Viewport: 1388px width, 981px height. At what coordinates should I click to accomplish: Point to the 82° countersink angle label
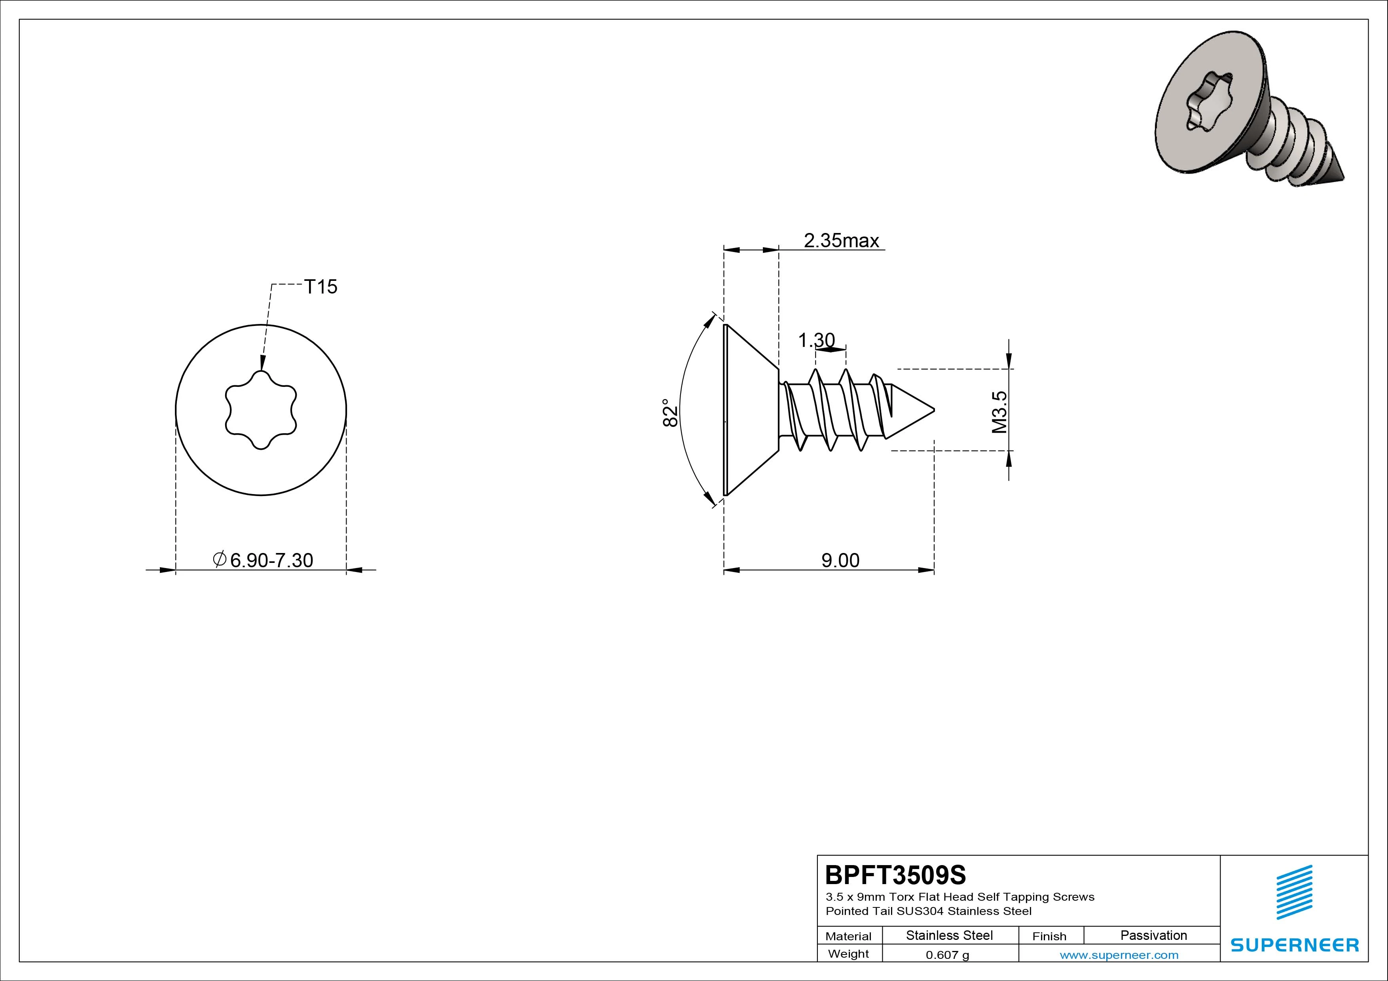click(670, 413)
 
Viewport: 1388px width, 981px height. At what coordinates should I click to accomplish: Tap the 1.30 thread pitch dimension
click(816, 340)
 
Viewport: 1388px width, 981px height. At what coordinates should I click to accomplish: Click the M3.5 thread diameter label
click(999, 412)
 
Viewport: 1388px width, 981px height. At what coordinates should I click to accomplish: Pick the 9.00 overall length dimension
click(840, 560)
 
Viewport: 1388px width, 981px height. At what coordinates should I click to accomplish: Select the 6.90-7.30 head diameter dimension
click(264, 560)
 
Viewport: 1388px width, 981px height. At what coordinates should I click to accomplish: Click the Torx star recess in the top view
click(261, 410)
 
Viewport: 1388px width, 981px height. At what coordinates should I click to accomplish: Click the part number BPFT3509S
click(896, 875)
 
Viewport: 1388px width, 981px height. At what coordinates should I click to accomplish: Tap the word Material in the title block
click(848, 936)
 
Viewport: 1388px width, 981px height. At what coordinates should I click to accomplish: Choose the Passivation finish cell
click(1153, 935)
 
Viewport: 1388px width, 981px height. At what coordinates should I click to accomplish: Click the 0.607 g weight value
click(947, 955)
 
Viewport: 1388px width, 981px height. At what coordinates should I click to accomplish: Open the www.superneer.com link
click(1119, 955)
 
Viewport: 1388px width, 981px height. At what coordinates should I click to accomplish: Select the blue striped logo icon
click(1294, 892)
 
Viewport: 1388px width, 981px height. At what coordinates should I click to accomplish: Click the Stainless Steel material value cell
click(949, 935)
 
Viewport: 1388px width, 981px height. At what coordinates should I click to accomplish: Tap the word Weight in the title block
click(848, 954)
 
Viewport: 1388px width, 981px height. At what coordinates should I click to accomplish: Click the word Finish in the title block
click(1049, 936)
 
